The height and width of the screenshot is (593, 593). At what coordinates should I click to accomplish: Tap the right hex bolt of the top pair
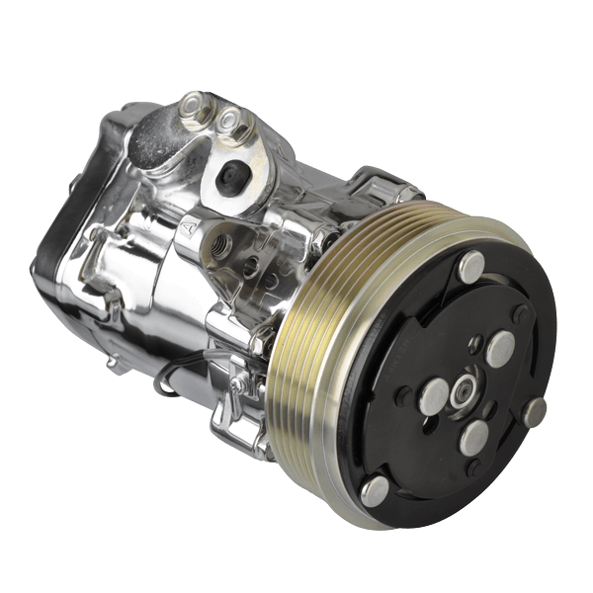click(x=233, y=123)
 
